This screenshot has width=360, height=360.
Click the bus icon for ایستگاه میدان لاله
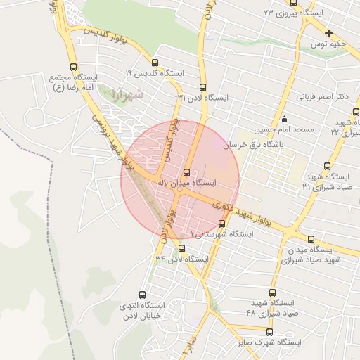186,172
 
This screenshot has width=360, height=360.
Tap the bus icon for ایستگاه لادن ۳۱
203,88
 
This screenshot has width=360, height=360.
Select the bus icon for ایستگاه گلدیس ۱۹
155,63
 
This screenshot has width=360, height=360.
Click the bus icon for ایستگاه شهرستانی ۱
222,224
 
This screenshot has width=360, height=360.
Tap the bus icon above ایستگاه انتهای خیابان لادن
143,295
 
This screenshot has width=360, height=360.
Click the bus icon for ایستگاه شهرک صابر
269,332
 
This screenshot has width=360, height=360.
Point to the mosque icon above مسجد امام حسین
284,119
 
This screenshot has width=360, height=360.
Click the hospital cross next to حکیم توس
328,33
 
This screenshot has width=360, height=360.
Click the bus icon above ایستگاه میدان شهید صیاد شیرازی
311,239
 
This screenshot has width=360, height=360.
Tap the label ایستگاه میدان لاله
190,183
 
